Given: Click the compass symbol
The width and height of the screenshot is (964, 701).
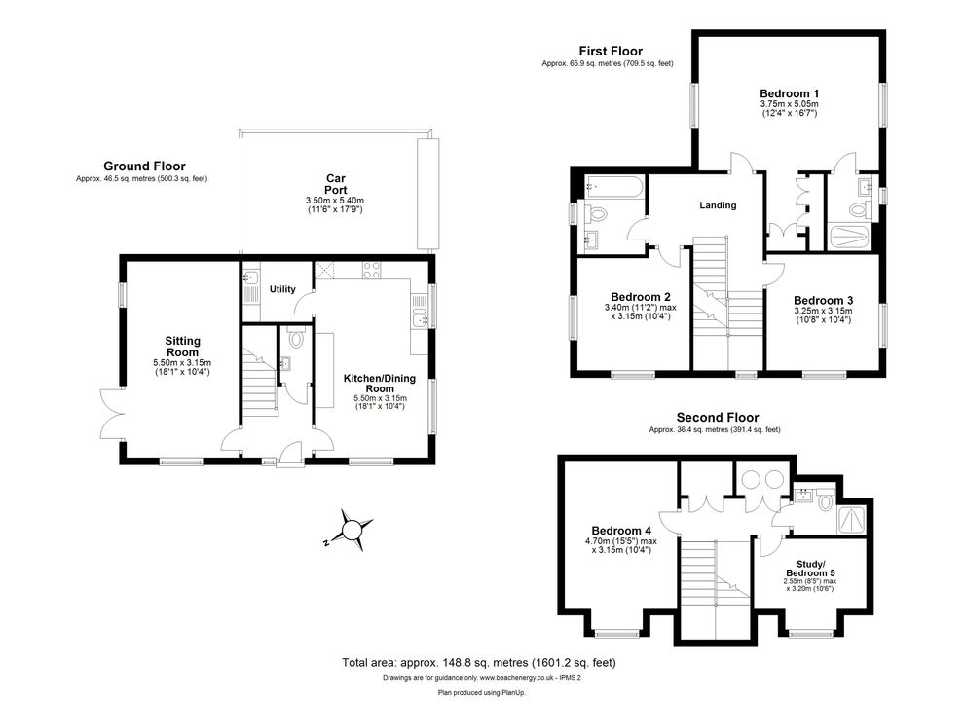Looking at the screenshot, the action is [352, 530].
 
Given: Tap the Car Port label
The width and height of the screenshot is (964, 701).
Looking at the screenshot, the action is [336, 184].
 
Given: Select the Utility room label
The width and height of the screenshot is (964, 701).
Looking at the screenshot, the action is [282, 289].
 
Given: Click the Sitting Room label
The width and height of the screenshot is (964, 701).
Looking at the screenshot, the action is [183, 347].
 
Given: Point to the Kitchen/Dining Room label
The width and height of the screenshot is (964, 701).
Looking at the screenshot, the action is [380, 383].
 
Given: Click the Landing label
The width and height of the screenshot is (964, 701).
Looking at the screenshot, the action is [718, 205].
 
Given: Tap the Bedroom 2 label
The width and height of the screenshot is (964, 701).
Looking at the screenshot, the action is [641, 297].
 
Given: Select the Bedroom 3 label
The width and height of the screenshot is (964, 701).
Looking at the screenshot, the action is [823, 300].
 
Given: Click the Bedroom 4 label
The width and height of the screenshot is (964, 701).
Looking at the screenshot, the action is [621, 530].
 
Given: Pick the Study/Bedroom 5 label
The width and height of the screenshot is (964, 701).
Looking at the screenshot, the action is [810, 569].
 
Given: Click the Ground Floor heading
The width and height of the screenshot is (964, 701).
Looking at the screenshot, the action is [144, 166].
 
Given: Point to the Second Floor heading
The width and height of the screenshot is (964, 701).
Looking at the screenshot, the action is [718, 418].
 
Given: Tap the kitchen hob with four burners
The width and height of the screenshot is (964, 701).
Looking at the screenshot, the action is [372, 270].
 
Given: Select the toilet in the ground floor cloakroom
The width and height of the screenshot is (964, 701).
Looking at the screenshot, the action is [296, 336].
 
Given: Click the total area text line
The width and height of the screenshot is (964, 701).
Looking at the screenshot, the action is [479, 663].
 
